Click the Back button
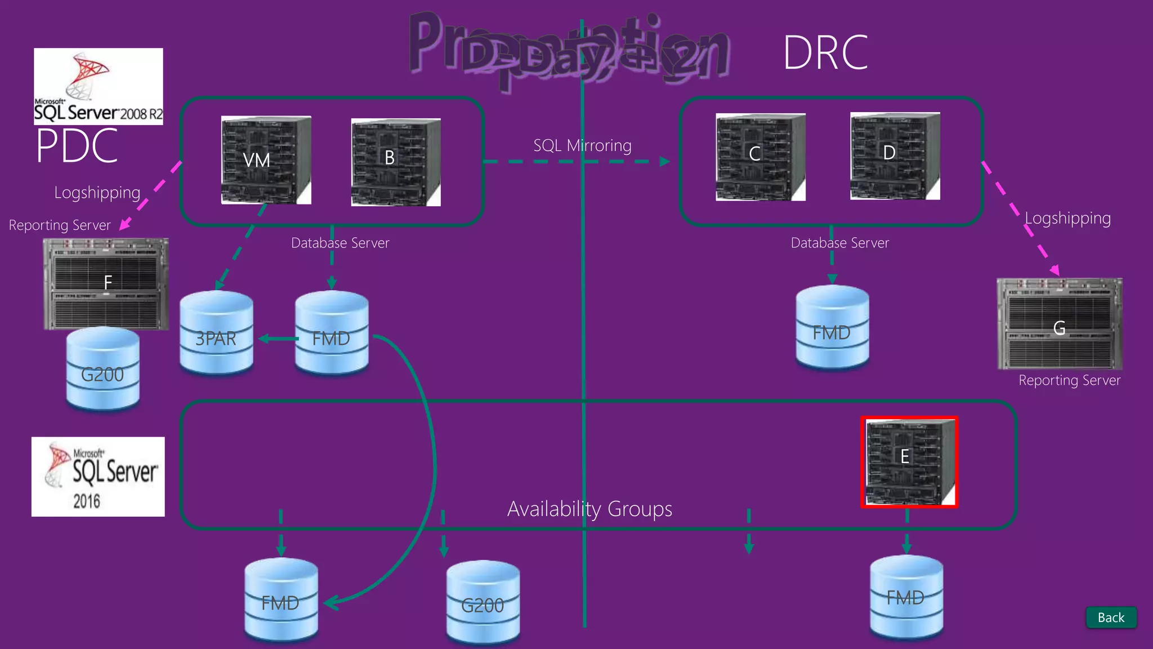(1111, 617)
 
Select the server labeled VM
(266, 160)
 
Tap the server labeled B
(396, 162)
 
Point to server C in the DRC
(760, 157)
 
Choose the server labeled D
(895, 156)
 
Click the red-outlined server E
(909, 462)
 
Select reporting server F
(106, 283)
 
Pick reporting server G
(1059, 323)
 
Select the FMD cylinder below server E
(906, 597)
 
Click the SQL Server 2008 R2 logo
(99, 86)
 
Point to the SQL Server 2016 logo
(98, 477)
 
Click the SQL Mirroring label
(582, 145)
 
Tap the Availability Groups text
(589, 509)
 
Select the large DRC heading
(825, 52)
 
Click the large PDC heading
(77, 146)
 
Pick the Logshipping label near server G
(1067, 218)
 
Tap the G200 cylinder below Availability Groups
(482, 601)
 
